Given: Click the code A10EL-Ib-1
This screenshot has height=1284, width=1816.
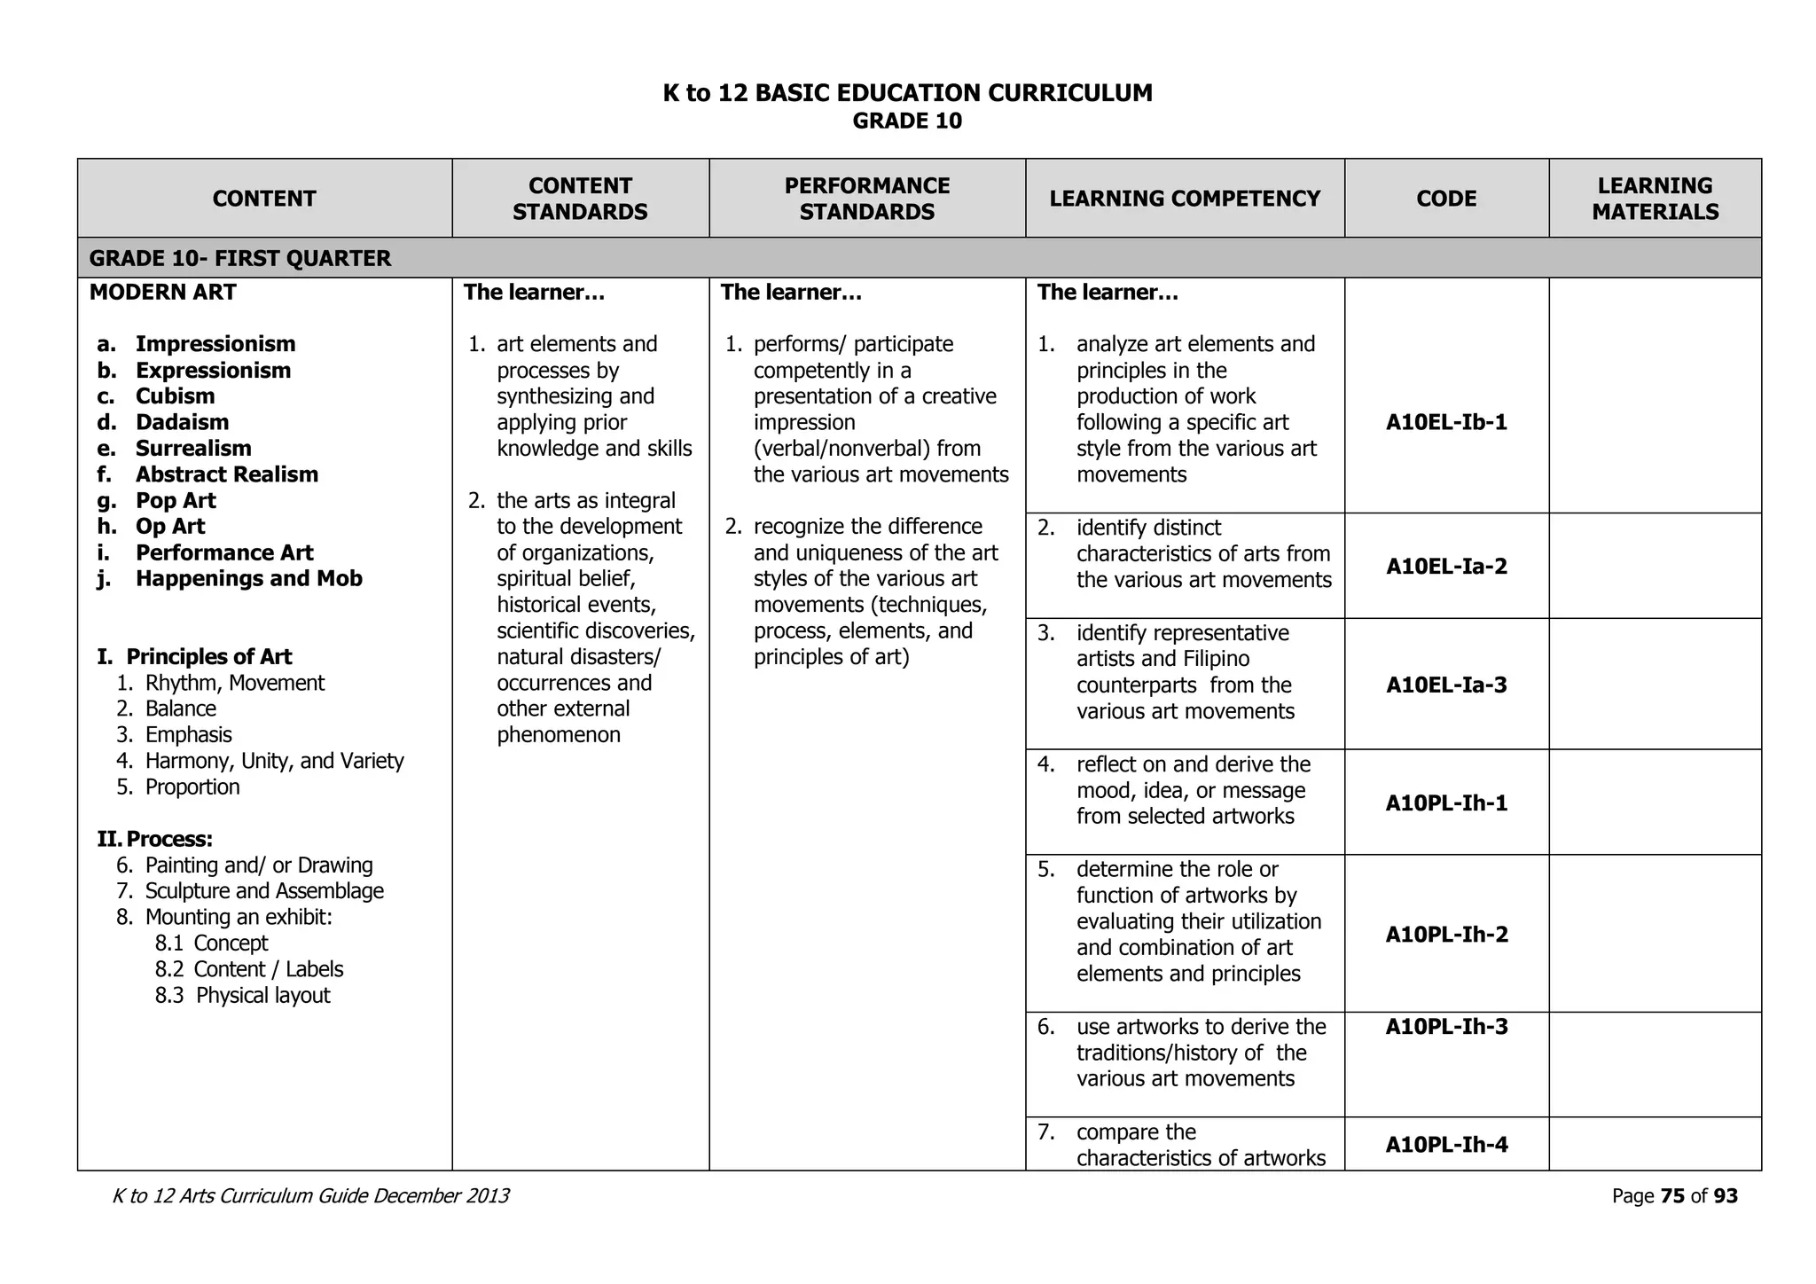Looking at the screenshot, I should click(x=1446, y=422).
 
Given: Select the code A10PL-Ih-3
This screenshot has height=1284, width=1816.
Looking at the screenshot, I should click(x=1446, y=1027).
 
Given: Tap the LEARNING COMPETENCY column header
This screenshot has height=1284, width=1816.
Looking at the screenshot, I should click(x=1185, y=199).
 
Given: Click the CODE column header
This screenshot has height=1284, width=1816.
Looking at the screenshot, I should click(x=1446, y=199).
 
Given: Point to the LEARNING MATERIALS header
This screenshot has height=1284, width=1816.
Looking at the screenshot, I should click(x=1655, y=199).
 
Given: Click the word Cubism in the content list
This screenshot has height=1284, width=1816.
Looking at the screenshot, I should click(x=175, y=396).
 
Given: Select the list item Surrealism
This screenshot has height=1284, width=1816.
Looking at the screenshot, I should click(x=193, y=449).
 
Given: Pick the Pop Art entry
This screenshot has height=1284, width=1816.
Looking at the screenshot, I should click(x=176, y=501).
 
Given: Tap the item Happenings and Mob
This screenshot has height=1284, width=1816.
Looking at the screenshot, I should click(x=248, y=579).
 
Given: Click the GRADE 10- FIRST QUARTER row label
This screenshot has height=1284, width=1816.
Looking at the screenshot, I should click(x=240, y=259).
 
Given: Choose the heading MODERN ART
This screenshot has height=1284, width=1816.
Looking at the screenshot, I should click(x=163, y=293).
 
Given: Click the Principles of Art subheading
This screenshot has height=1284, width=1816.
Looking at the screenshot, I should click(x=208, y=657).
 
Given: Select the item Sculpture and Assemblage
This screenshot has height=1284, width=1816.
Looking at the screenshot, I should click(x=264, y=891).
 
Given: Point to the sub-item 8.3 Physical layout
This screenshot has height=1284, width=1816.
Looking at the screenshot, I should click(x=243, y=996).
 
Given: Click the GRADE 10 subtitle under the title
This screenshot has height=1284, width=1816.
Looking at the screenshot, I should click(x=907, y=121).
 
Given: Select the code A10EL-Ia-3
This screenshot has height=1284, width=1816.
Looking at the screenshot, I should click(x=1446, y=685).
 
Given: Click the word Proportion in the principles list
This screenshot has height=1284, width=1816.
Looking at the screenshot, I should click(x=192, y=787).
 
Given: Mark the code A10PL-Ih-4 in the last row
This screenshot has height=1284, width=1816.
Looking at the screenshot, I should click(x=1446, y=1145).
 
